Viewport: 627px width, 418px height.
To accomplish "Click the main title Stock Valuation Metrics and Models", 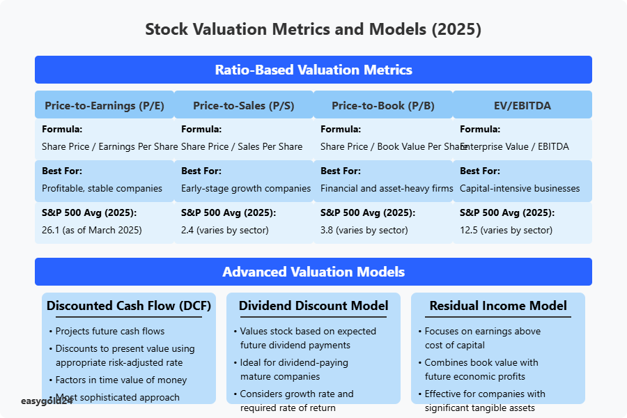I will tap(313, 30).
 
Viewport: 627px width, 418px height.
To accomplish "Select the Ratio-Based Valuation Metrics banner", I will tap(313, 70).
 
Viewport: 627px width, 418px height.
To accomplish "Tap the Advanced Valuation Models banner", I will tap(313, 272).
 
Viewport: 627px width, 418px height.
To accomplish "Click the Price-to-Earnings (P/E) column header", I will tap(104, 106).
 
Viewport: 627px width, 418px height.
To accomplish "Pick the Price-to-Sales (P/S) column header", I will tap(244, 106).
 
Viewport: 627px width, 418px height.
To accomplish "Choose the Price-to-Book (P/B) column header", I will tap(383, 106).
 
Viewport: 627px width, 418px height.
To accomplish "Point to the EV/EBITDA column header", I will tap(522, 106).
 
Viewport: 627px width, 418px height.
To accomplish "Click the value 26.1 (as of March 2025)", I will tap(92, 230).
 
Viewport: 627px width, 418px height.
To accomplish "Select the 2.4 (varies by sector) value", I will tap(225, 230).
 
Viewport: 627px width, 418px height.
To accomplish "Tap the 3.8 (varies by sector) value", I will tap(364, 230).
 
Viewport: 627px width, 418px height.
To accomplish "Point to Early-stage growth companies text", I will tap(246, 188).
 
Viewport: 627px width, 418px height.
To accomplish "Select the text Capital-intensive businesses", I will tap(520, 188).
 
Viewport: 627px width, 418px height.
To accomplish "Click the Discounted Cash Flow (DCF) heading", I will tap(129, 306).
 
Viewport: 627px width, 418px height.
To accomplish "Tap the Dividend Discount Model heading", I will tap(313, 306).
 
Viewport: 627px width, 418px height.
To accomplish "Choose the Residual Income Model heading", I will tap(498, 306).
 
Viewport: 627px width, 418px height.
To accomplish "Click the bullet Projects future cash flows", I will tap(110, 331).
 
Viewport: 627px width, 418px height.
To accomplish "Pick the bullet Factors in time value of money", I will tap(121, 380).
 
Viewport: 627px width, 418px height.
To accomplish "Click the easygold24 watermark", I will tap(47, 401).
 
